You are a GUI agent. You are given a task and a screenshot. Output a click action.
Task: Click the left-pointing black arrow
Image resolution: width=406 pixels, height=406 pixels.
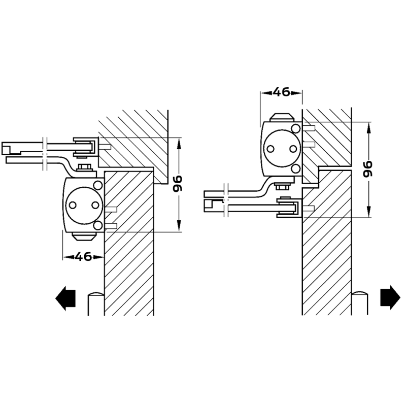tap(65, 298)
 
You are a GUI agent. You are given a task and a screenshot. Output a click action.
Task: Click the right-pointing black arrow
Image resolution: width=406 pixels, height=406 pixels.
tap(390, 297)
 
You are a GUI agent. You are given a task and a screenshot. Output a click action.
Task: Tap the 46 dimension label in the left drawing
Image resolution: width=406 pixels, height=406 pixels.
tap(83, 257)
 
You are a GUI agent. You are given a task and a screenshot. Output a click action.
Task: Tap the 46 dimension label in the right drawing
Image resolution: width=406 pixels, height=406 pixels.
tap(282, 92)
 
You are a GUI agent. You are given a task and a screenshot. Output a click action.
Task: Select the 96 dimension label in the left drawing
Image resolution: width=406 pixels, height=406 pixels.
tap(178, 184)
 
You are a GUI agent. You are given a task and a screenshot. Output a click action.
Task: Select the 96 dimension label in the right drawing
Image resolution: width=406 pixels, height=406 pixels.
tap(367, 169)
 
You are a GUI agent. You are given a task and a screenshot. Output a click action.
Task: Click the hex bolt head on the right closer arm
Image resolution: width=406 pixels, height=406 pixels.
tap(282, 186)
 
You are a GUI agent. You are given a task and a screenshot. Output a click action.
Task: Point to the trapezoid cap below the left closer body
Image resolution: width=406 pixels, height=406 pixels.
tap(84, 236)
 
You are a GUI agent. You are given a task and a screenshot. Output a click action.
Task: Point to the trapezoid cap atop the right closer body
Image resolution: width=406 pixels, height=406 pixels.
tap(282, 117)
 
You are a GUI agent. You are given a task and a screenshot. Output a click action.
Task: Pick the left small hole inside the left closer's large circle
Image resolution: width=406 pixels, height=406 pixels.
tap(73, 206)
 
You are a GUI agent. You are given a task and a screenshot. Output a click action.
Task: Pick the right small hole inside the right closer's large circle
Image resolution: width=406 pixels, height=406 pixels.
tap(293, 149)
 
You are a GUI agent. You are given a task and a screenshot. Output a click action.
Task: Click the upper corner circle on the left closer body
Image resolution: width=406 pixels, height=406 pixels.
tap(97, 185)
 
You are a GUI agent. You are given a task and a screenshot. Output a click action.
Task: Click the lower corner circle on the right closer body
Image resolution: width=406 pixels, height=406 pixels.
tap(295, 169)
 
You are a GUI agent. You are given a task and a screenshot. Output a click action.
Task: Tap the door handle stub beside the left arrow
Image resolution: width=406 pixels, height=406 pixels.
tap(96, 303)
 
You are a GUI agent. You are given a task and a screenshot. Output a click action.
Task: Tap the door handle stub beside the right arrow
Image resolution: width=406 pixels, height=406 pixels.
tap(360, 303)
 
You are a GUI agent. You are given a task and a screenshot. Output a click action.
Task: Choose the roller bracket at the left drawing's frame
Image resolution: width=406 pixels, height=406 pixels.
tap(86, 147)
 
